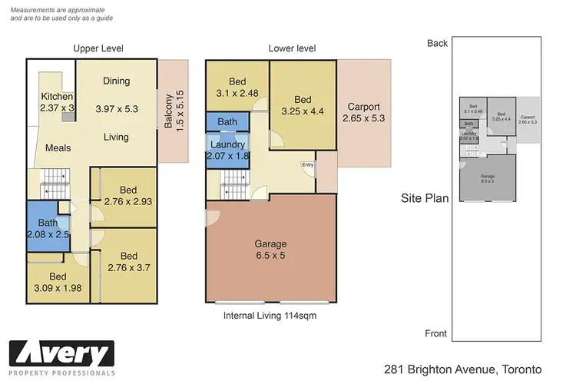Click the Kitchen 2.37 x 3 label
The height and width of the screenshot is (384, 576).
tap(58, 103)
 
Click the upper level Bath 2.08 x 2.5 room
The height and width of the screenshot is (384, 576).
tap(48, 227)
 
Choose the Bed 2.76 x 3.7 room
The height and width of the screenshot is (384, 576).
tap(128, 262)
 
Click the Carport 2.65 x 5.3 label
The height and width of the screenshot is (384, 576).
tap(366, 113)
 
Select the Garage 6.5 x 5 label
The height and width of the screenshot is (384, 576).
tap(270, 250)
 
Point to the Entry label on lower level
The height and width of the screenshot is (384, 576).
tap(307, 163)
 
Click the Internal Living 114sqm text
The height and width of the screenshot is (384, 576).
tap(270, 316)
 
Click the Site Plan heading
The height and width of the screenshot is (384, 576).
tap(425, 197)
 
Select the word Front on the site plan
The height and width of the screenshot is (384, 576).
tap(436, 333)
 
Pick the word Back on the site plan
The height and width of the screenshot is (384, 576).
tap(437, 43)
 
